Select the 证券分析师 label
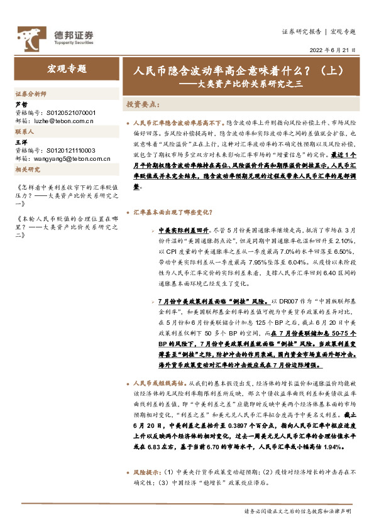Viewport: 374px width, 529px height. pos(30,93)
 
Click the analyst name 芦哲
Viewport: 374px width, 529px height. pos(21,104)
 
